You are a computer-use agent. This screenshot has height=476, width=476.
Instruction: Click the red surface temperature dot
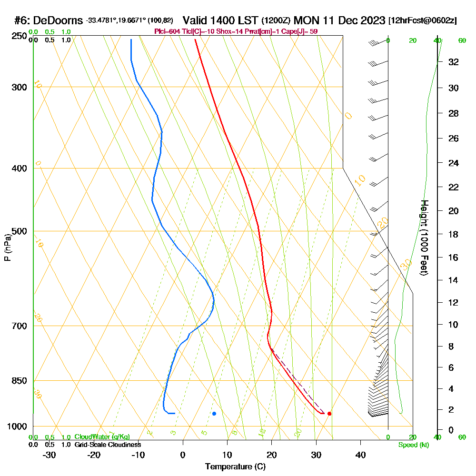coord(329,413)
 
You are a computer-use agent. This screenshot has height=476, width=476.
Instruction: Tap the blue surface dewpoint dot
coord(214,413)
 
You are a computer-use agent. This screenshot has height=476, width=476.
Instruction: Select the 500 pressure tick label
coord(18,231)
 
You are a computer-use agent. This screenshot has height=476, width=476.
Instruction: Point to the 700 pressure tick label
coord(18,326)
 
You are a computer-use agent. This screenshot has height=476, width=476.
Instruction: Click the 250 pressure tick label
coord(18,36)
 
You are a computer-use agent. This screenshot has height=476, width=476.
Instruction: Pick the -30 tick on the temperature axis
coord(50,455)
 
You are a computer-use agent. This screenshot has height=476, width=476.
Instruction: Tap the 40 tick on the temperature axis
coord(360,455)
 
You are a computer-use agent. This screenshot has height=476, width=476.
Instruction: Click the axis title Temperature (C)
coord(235,466)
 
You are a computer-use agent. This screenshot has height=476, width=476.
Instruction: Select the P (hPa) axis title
coord(7,248)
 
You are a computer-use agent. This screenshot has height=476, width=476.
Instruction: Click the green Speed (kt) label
coord(412,445)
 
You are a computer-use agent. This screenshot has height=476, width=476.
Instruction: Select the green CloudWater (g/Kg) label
coord(102,437)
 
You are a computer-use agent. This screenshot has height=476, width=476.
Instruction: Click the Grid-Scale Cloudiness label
coord(108,445)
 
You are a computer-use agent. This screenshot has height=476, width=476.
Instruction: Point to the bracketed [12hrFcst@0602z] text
coord(423,20)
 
